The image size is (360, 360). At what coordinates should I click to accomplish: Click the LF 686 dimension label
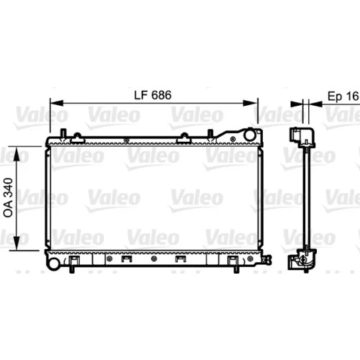click(153, 95)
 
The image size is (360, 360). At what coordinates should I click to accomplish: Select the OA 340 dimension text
click(8, 197)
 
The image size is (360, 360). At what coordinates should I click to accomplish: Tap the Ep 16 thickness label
click(343, 96)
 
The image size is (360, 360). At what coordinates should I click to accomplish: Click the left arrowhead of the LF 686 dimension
click(56, 103)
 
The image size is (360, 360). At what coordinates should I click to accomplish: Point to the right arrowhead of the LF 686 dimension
click(251, 103)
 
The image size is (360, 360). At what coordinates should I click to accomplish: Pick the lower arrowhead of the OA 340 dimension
click(17, 243)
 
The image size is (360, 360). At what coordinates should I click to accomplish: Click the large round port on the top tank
click(249, 135)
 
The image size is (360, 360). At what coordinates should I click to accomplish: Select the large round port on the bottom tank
click(53, 264)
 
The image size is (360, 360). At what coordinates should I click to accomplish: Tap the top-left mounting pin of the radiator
click(63, 133)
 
